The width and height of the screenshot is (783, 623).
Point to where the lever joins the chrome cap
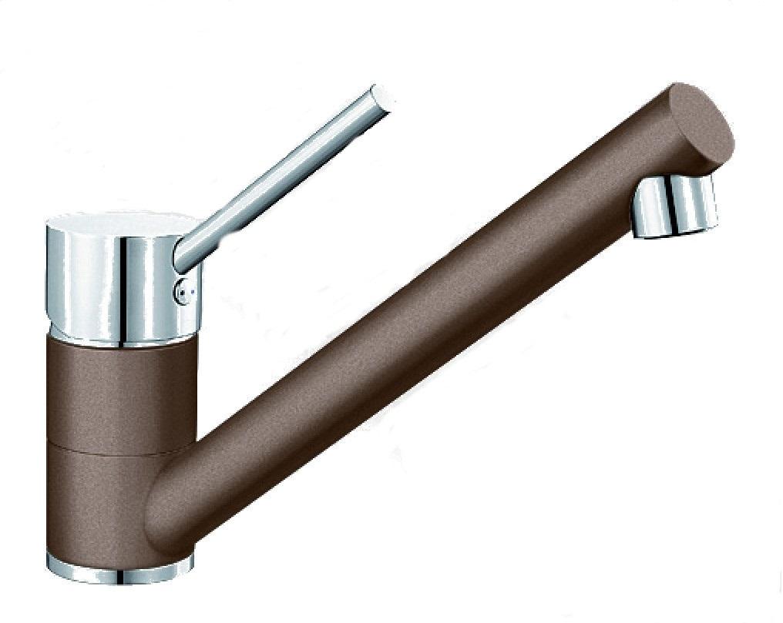(185, 254)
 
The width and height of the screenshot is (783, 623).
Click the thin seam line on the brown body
(116, 447)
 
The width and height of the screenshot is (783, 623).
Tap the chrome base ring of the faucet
(116, 568)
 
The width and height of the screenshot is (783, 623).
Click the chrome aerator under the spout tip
(674, 204)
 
